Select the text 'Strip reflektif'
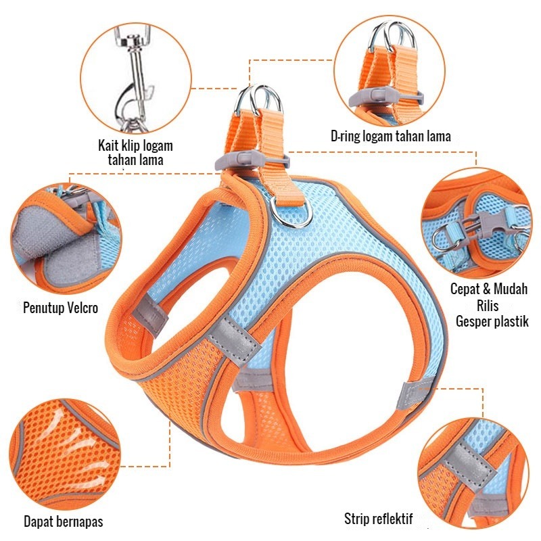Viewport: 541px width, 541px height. (x=378, y=519)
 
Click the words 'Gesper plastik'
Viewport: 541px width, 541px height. (x=492, y=322)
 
